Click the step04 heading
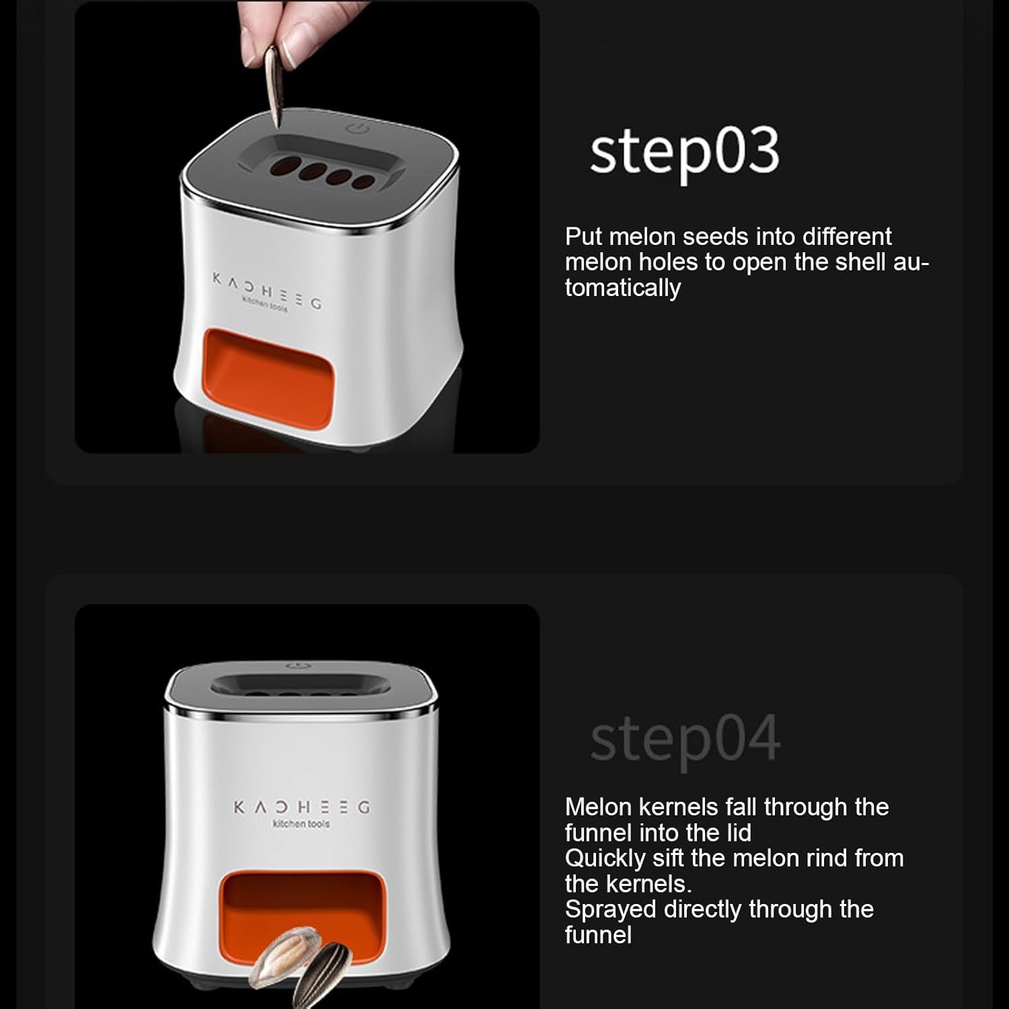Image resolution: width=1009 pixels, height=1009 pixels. pos(685,741)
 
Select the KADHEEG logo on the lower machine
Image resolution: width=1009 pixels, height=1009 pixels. pos(301,807)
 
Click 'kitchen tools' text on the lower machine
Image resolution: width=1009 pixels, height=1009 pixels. pos(301,823)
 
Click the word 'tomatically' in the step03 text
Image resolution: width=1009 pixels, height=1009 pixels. pos(623,288)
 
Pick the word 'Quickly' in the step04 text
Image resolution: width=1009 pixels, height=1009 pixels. pos(605,859)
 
